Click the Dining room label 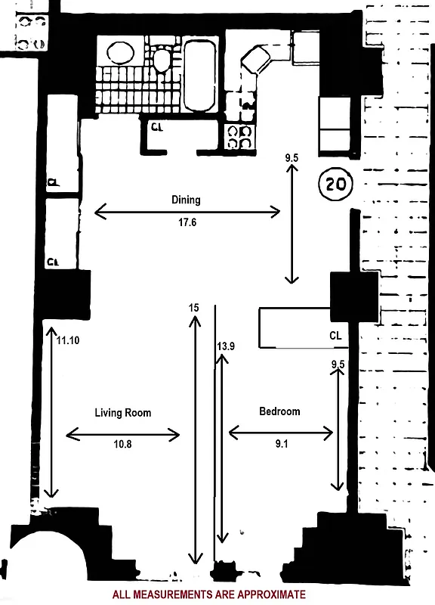[x=186, y=200]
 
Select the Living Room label [x=122, y=413]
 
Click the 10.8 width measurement [x=122, y=445]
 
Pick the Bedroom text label [x=279, y=411]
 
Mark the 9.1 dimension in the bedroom [x=281, y=445]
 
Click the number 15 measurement [x=194, y=308]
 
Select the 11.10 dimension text [x=67, y=340]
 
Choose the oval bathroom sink [x=119, y=53]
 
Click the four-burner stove [x=240, y=136]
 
